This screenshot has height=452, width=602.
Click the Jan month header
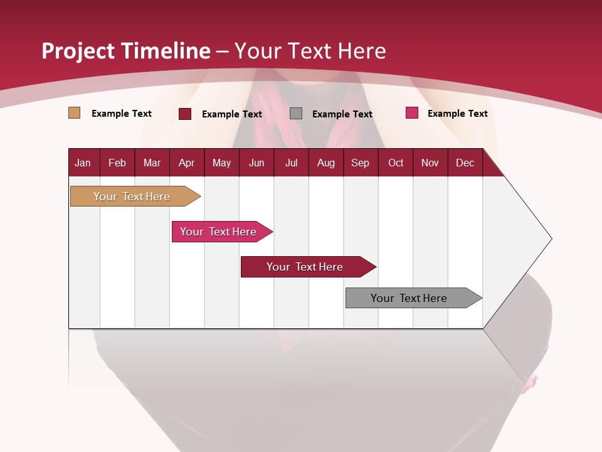[x=83, y=163]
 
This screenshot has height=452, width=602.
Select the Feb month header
[x=117, y=163]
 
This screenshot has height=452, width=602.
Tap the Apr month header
[x=187, y=163]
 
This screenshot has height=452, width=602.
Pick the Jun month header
[x=256, y=163]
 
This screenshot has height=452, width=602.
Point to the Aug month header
[x=326, y=163]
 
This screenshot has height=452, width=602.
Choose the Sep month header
[x=361, y=163]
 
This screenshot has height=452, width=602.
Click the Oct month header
[x=396, y=163]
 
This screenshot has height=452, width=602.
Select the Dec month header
[x=465, y=163]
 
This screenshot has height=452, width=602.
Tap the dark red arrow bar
[x=305, y=267]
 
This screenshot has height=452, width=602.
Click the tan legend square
[x=74, y=113]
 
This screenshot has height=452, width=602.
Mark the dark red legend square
[x=185, y=114]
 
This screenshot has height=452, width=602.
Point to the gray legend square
[x=296, y=114]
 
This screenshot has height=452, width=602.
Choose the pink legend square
[x=412, y=113]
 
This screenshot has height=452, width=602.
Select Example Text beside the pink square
[x=457, y=114]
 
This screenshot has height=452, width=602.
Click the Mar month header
[x=152, y=163]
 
